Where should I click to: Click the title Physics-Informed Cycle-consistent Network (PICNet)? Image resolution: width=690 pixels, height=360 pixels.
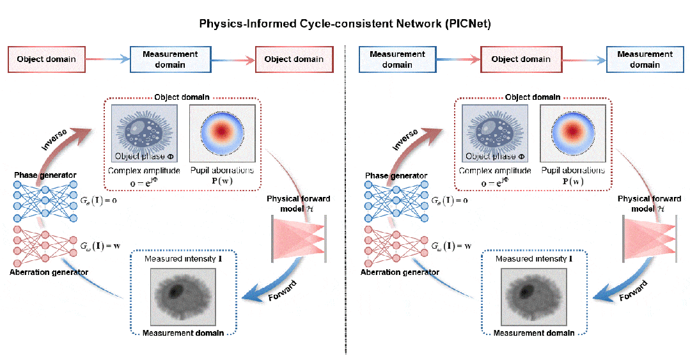[x=344, y=24]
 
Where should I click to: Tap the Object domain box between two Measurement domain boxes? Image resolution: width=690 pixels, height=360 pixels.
[x=521, y=59]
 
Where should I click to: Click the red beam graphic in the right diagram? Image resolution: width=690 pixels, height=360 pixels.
[x=650, y=238]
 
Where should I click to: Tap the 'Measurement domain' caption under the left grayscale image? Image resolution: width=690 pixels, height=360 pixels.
[x=183, y=333]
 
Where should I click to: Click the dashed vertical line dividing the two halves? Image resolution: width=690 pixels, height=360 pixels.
[x=345, y=192]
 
